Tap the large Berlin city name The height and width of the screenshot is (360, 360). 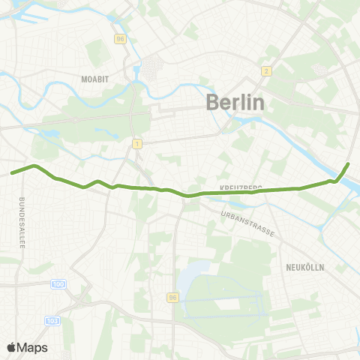point(235,103)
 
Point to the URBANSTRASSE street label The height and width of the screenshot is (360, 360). point(248,223)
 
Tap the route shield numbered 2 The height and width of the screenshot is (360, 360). point(265,71)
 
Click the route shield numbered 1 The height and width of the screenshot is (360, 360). point(137,142)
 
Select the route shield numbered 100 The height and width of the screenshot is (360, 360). point(60,284)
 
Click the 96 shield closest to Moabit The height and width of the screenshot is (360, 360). point(120,38)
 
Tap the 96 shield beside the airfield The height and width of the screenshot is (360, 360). point(173,298)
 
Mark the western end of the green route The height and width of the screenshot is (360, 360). point(12,173)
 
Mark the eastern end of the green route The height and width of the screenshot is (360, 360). point(349,163)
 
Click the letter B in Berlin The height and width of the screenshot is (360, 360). point(214,103)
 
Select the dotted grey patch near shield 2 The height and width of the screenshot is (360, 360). point(318,68)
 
